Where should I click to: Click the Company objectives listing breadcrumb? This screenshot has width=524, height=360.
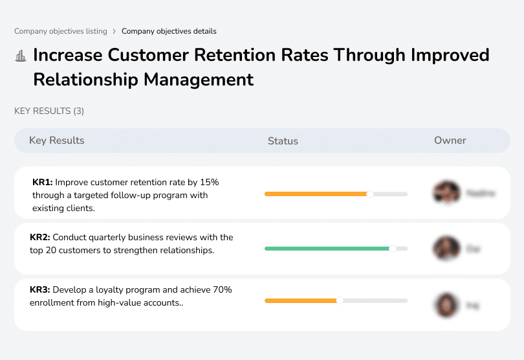60,31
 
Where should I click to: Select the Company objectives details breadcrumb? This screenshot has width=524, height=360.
169,31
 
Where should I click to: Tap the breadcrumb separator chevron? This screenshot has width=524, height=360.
114,31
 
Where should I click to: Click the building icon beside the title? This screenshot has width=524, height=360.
21,56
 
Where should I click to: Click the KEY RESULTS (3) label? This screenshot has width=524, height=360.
49,111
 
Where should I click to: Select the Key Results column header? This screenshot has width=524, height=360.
56,141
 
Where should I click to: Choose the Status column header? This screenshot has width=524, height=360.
283,141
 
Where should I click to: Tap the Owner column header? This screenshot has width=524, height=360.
450,141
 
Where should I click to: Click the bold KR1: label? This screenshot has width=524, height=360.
42,183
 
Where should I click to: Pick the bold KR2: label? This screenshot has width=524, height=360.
40,238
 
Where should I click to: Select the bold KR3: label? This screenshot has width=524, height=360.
40,290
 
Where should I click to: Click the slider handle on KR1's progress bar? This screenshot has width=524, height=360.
370,194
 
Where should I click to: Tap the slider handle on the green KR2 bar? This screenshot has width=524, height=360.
392,249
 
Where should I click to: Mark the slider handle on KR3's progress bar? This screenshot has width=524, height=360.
340,300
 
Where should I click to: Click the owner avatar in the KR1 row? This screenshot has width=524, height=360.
446,193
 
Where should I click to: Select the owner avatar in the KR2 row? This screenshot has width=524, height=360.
446,248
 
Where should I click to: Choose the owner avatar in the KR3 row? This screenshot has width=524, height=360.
446,304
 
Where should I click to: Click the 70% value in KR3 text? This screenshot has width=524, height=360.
221,290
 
